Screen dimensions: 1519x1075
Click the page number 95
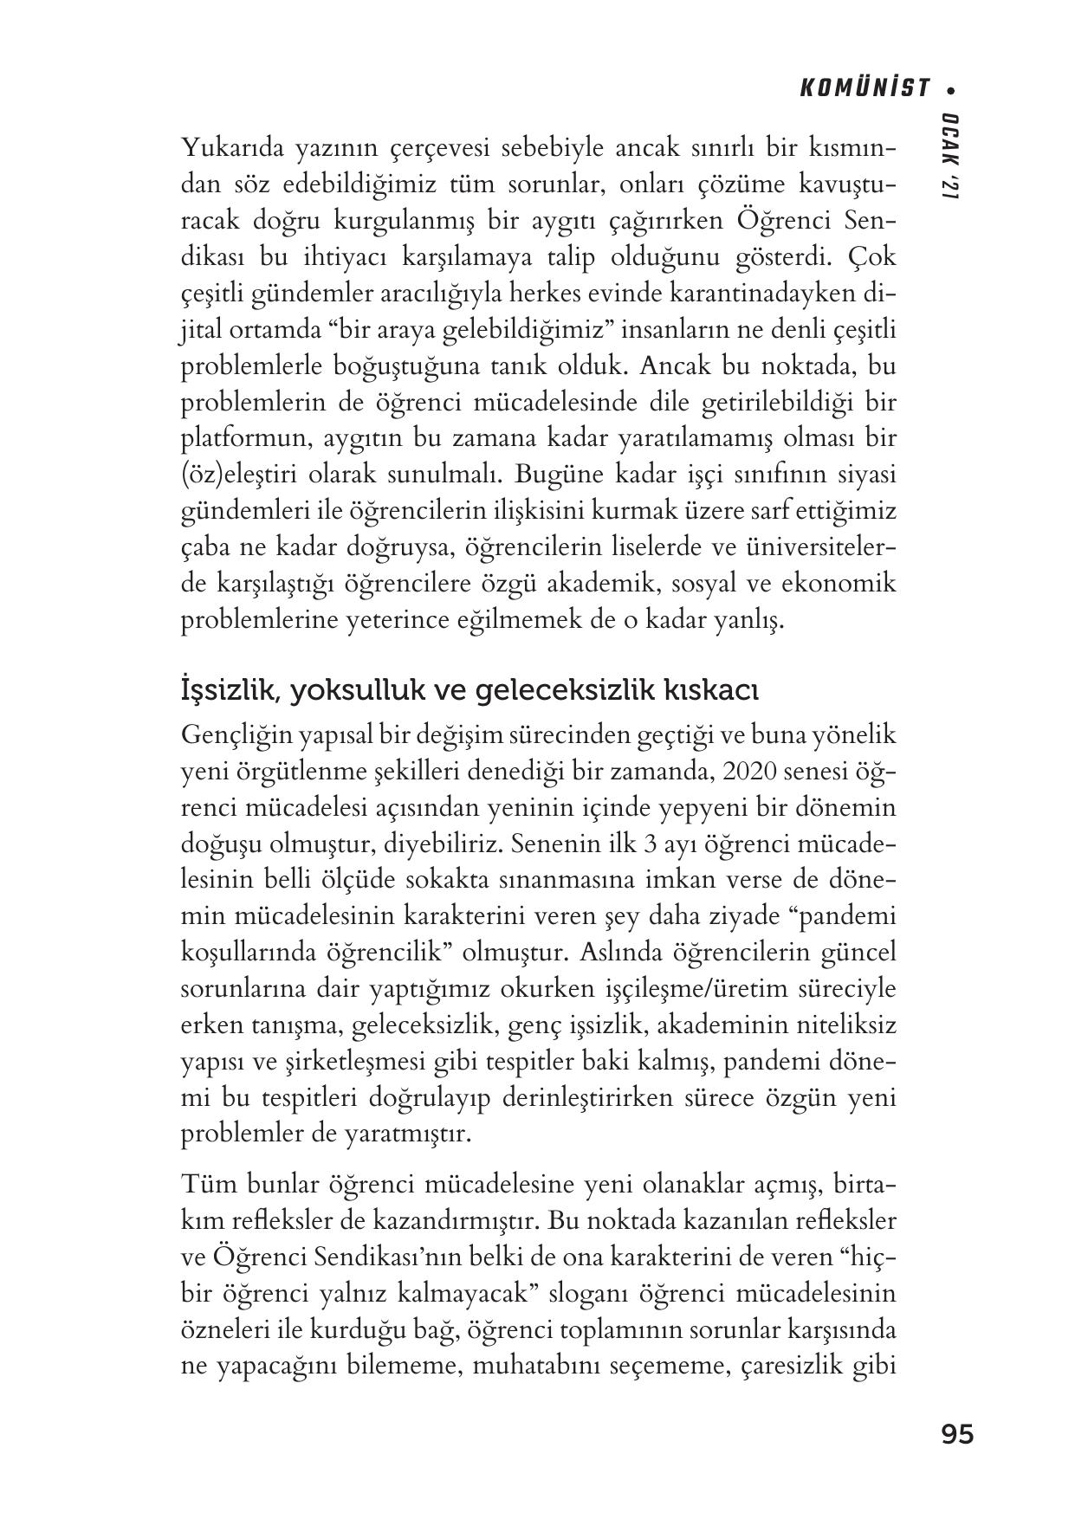pos(956,1434)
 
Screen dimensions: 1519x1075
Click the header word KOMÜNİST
pos(863,88)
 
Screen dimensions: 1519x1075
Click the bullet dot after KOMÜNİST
pos(953,89)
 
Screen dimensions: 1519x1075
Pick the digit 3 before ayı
pos(643,844)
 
